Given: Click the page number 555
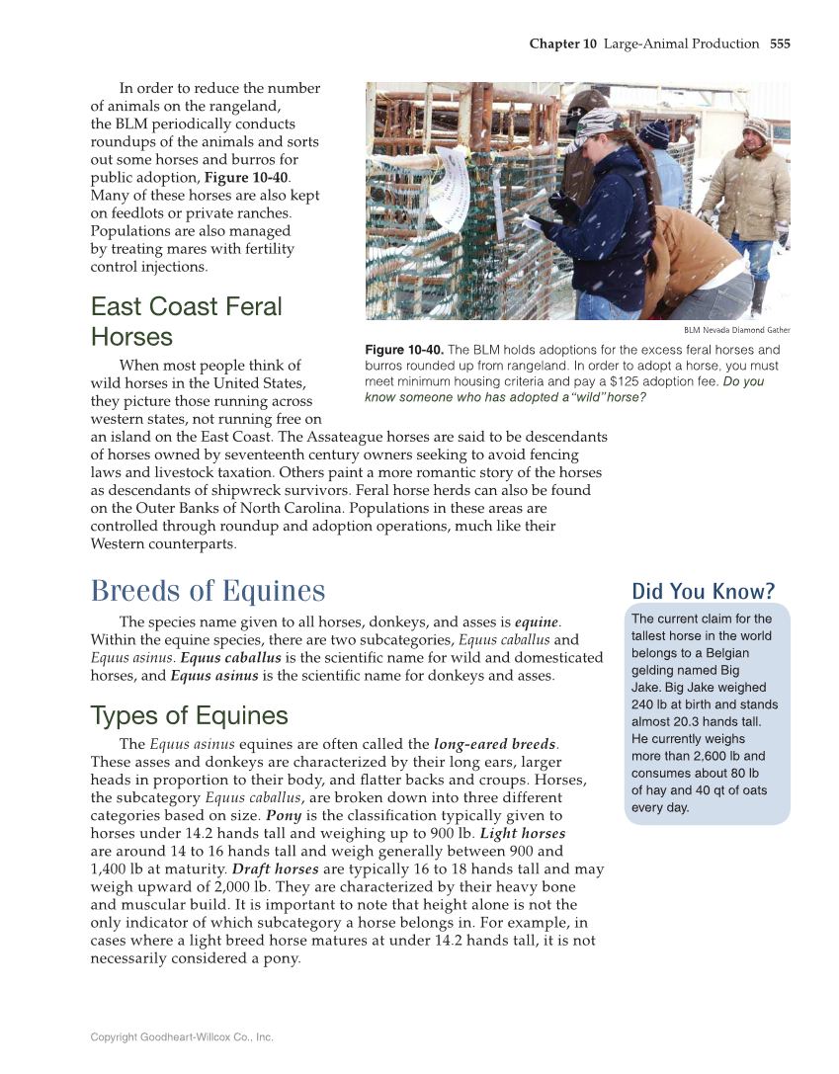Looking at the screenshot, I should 780,43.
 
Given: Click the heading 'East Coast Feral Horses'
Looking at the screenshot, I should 186,321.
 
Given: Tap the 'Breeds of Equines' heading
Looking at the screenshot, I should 208,591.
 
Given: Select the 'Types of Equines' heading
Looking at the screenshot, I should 189,715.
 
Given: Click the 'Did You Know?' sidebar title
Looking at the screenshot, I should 703,592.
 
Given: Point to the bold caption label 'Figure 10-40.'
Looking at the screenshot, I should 405,351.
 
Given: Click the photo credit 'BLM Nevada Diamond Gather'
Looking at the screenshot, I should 736,330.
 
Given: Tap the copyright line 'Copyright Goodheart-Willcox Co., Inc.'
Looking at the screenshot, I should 182,1036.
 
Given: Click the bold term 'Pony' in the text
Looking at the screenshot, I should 282,816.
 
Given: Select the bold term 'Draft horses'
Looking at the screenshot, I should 275,869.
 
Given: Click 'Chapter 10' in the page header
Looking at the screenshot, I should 563,43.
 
